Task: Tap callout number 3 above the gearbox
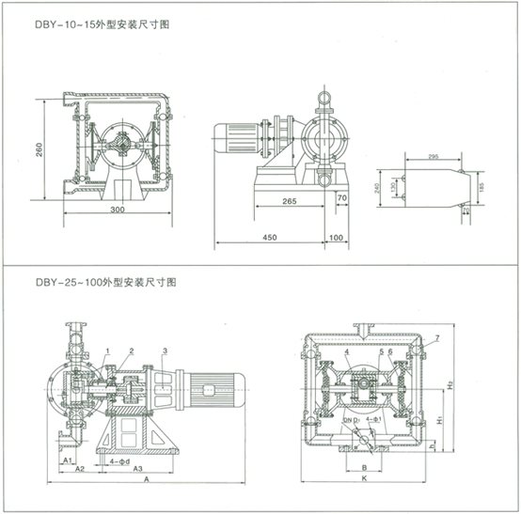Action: [x=165, y=350]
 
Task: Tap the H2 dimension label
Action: [x=452, y=384]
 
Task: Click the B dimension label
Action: [x=364, y=465]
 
